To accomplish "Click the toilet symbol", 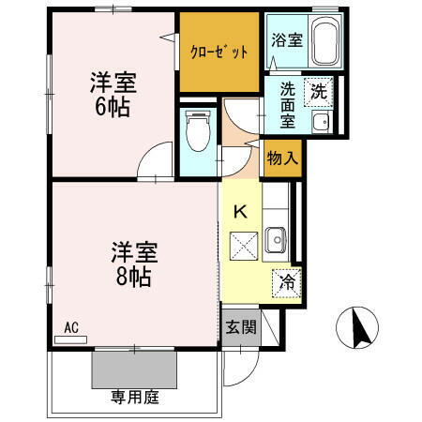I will [x=196, y=130].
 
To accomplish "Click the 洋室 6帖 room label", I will [x=113, y=93].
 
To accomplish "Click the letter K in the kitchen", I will [x=240, y=212].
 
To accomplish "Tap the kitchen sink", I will [x=275, y=240].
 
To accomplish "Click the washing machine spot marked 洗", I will [x=320, y=92].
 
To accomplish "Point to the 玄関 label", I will [x=241, y=327].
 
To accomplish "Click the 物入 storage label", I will [x=281, y=158].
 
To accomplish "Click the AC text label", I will [x=70, y=327].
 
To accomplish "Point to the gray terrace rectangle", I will [x=133, y=369].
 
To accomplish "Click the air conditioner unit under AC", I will [x=71, y=339].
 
